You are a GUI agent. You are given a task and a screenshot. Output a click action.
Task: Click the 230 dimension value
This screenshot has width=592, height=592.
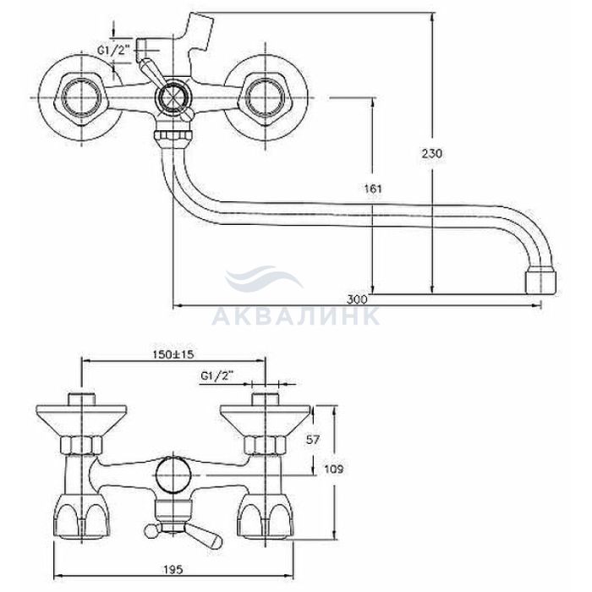tap(432, 154)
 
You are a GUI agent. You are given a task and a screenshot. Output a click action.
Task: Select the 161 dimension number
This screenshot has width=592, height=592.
tap(373, 189)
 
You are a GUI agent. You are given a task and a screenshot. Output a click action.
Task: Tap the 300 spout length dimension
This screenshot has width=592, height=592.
tap(357, 299)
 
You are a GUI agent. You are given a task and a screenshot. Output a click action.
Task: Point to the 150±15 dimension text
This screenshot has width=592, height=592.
tap(173, 354)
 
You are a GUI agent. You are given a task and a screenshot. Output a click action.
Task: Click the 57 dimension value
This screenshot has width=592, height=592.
tap(312, 440)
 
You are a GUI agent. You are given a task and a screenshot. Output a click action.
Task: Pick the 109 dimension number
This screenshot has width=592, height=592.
tap(334, 469)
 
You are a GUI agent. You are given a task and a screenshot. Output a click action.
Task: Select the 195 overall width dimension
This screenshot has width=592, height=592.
tap(173, 569)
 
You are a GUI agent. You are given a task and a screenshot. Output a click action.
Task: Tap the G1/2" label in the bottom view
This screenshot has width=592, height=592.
tap(217, 376)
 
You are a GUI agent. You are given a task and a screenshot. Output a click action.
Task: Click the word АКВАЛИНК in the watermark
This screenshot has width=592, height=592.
tap(296, 316)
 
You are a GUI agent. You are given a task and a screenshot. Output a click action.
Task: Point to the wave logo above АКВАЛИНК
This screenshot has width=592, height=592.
tap(263, 279)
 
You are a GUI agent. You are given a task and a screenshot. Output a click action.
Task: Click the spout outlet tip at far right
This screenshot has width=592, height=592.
tap(540, 281)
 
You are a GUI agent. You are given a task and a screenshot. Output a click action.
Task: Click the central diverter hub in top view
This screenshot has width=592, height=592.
tap(173, 97)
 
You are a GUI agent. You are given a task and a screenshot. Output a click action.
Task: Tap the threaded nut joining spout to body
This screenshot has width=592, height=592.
tap(173, 136)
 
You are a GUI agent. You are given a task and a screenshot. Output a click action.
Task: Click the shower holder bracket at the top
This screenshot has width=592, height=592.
tap(199, 31)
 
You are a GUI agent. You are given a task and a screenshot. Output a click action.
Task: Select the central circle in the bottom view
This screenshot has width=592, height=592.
tap(173, 474)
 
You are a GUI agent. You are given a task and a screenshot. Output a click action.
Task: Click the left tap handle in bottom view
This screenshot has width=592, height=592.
tap(81, 515)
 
